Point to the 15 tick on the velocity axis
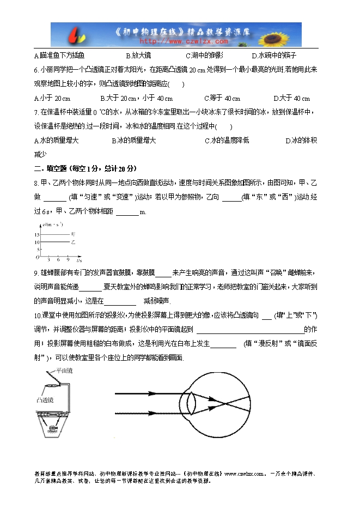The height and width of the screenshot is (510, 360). point(36,234)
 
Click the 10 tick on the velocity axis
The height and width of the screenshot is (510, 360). point(36,241)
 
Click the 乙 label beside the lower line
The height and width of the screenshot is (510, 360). point(73,241)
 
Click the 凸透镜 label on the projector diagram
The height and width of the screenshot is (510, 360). point(45,399)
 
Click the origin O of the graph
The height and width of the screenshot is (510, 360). point(37,257)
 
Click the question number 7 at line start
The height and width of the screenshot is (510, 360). point(35,112)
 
